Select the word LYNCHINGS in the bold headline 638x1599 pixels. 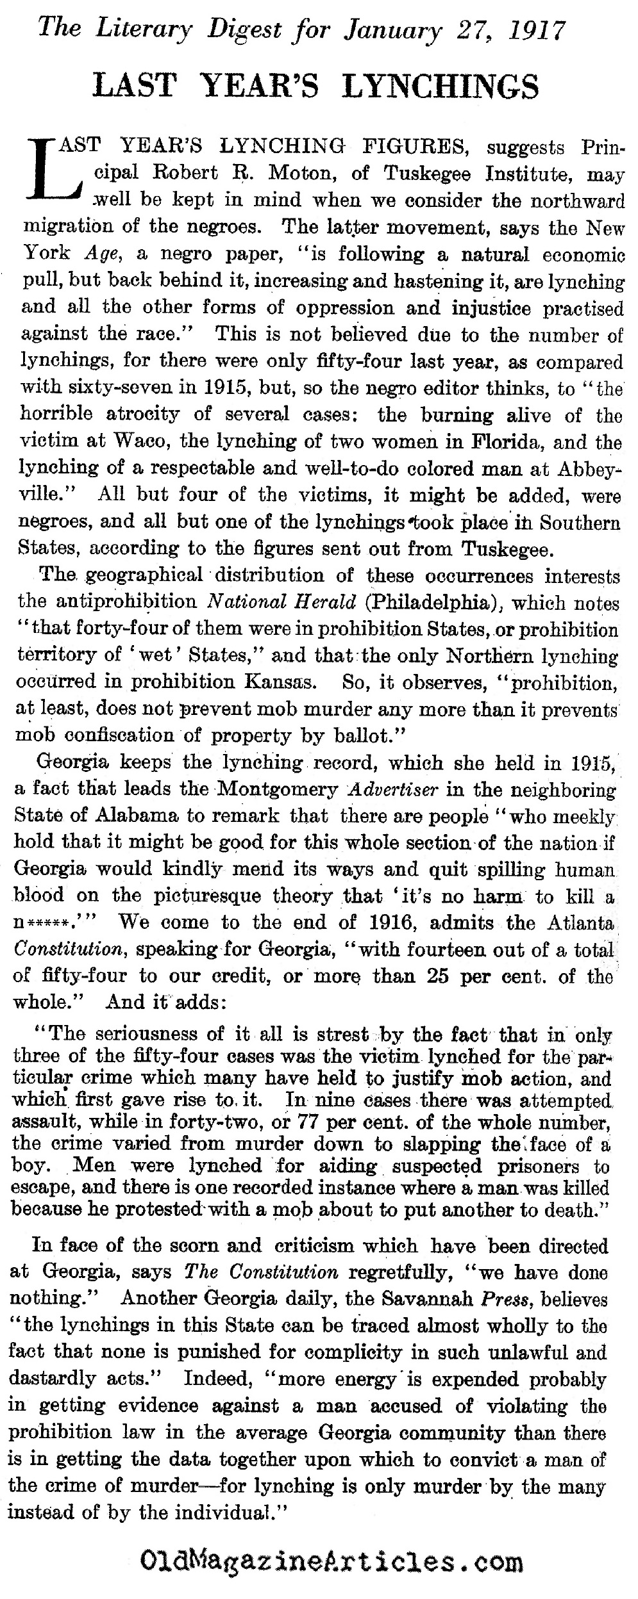[441, 86]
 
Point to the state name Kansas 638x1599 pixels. [283, 682]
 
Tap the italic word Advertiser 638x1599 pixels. [391, 789]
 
